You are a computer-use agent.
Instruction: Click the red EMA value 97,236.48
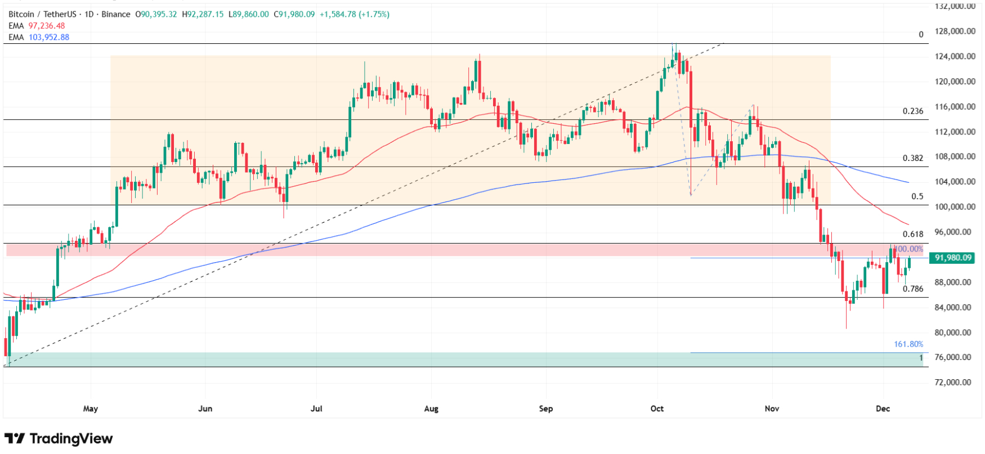coord(47,26)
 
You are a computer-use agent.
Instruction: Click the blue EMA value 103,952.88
coord(49,37)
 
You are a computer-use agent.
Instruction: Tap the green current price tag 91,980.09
coord(953,258)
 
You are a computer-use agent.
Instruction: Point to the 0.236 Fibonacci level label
coord(912,111)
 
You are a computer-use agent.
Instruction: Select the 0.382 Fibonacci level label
coord(912,158)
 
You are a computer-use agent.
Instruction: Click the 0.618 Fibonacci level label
coord(912,234)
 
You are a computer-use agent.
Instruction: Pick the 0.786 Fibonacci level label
coord(912,289)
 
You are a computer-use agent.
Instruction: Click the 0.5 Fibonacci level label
coord(917,196)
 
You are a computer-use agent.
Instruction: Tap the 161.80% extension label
coord(908,344)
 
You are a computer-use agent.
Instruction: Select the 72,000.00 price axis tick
coord(952,382)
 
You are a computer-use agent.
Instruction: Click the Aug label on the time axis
coord(431,408)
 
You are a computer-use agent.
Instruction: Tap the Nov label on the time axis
coord(772,408)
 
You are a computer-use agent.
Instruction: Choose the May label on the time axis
coord(90,408)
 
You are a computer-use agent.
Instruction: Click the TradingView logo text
coord(71,438)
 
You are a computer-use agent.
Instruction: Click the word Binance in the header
coord(115,14)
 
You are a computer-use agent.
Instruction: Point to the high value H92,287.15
coord(203,14)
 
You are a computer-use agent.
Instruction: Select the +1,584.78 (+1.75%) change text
coord(355,14)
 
